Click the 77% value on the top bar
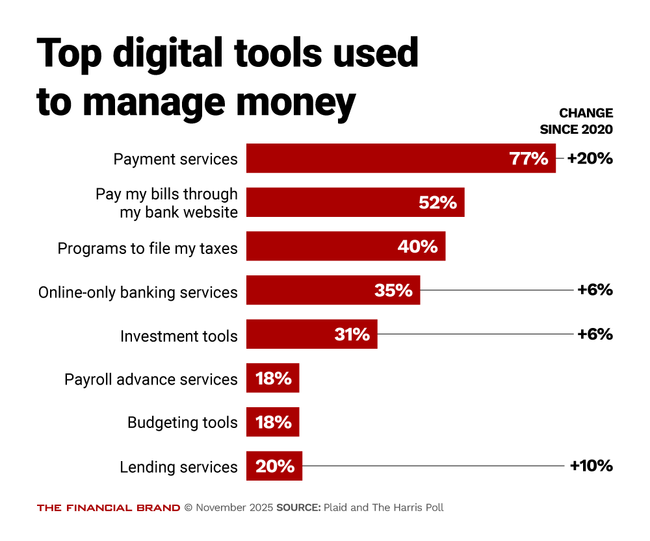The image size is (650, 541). [528, 158]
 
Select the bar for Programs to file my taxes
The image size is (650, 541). [345, 246]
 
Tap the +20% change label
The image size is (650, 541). [590, 158]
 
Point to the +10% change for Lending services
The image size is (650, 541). [591, 466]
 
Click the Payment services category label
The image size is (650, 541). [175, 159]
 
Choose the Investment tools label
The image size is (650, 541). [179, 336]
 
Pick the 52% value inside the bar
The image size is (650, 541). [437, 203]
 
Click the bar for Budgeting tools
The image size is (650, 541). [272, 422]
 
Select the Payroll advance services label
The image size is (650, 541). [151, 379]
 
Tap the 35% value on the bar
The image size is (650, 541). [393, 290]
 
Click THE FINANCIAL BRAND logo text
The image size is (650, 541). [109, 508]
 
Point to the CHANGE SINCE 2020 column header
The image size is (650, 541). [576, 121]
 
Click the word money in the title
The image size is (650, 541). [289, 102]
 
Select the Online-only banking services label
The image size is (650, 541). [138, 292]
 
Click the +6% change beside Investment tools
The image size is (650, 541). [595, 334]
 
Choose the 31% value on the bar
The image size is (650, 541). [352, 334]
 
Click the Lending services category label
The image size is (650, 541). [179, 467]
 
